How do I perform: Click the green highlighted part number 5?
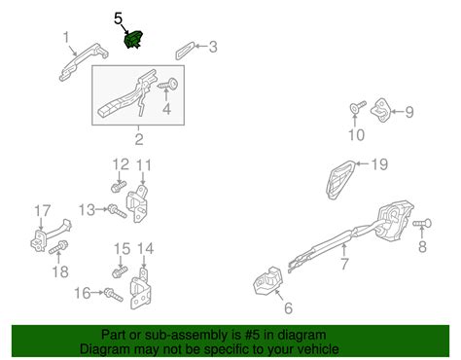(133, 40)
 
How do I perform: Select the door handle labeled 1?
(84, 61)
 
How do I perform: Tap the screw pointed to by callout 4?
(169, 85)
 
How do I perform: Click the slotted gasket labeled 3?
(185, 51)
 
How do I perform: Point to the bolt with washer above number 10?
(358, 107)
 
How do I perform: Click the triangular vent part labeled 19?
(340, 179)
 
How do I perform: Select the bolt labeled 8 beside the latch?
(422, 223)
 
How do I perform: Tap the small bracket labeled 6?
(268, 281)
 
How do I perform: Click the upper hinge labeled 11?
(138, 203)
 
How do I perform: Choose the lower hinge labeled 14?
(140, 289)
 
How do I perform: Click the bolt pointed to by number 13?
(117, 211)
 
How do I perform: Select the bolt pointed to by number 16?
(114, 295)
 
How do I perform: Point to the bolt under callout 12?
(119, 187)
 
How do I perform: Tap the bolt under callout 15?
(120, 271)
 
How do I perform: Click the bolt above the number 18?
(58, 247)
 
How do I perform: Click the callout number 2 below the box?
(139, 139)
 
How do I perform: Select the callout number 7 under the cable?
(344, 264)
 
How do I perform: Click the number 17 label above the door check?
(43, 211)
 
